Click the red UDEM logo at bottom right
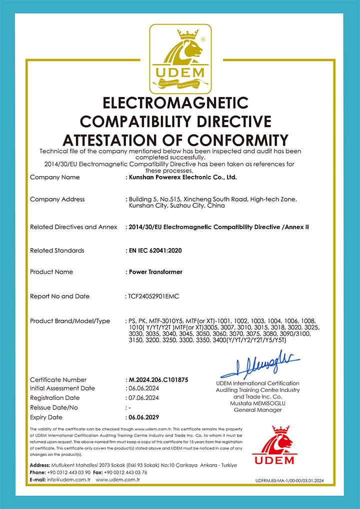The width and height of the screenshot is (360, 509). [x=274, y=445]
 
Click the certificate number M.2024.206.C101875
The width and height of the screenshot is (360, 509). [x=158, y=380]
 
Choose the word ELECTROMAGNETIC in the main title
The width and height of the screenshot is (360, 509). [x=175, y=103]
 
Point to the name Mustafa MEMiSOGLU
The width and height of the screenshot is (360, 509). [x=257, y=403]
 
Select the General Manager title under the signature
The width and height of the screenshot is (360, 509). [x=257, y=410]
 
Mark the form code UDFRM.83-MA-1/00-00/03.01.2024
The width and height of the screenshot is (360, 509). [x=289, y=480]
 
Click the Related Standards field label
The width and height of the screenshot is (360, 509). [x=57, y=250]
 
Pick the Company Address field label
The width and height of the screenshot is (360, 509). [x=57, y=199]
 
